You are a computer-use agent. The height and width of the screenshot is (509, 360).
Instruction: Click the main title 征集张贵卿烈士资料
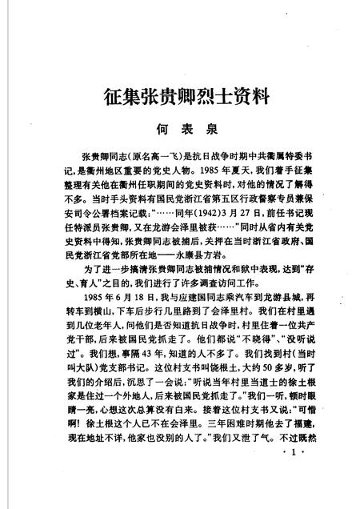click(180, 98)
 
